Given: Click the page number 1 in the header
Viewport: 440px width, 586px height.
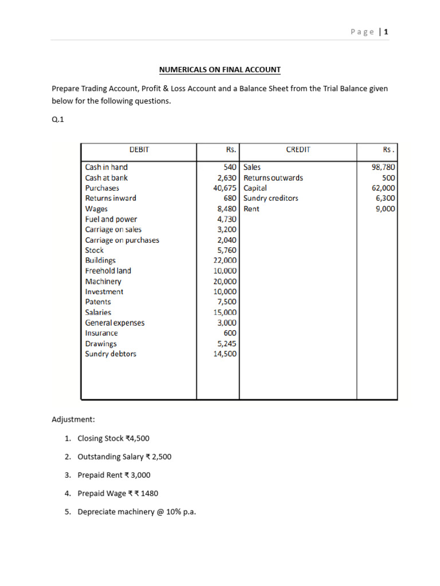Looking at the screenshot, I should [x=386, y=32].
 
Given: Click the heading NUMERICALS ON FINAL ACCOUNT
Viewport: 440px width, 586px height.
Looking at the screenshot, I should [x=220, y=70].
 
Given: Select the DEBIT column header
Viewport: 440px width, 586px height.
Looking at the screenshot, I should [x=139, y=149].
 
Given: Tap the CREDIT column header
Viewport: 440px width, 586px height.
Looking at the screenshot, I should [x=298, y=149].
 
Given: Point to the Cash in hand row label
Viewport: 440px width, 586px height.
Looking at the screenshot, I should [x=107, y=167].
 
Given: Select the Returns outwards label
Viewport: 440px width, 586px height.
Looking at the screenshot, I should [x=273, y=177].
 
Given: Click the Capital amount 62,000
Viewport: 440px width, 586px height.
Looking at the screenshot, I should [x=383, y=188].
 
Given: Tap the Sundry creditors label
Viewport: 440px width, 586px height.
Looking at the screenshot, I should [x=271, y=198].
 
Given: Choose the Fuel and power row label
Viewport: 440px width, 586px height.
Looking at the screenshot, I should [x=111, y=219].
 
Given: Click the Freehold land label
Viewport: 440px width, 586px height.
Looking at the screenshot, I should [x=108, y=271].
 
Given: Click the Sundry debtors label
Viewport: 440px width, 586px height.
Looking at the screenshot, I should [x=111, y=354].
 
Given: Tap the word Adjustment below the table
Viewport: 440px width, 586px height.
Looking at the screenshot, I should [x=73, y=419].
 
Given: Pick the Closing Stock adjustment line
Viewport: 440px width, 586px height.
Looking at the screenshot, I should [x=113, y=438].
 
